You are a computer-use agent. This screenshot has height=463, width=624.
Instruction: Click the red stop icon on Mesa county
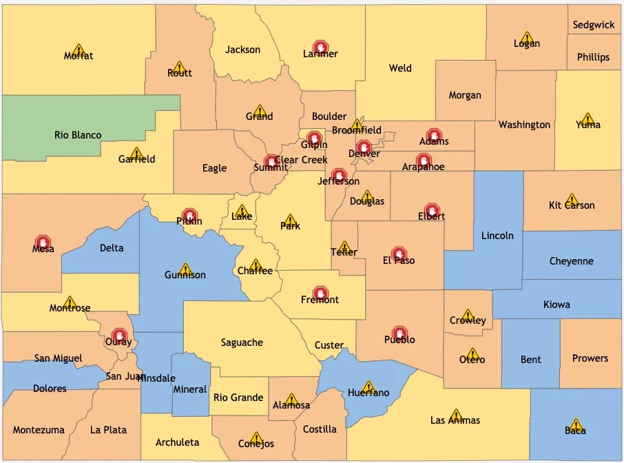click(x=43, y=243)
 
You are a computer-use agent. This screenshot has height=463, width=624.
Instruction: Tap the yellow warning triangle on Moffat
click(x=79, y=50)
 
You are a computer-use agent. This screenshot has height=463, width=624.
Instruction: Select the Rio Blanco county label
click(x=78, y=135)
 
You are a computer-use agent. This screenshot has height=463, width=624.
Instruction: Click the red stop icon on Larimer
click(x=320, y=47)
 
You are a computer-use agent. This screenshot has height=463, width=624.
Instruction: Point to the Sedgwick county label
click(x=594, y=25)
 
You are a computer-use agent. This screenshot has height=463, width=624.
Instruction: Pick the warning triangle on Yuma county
click(x=587, y=119)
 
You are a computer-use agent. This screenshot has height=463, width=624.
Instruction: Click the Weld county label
click(x=400, y=68)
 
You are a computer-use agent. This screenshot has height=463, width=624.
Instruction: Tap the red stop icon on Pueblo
click(x=399, y=333)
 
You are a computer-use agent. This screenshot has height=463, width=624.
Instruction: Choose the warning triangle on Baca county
click(x=576, y=424)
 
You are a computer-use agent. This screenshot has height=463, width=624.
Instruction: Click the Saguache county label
click(x=242, y=342)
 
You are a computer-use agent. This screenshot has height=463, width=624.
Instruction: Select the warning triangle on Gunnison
click(x=185, y=269)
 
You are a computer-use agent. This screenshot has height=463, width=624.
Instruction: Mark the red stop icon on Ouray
click(x=119, y=336)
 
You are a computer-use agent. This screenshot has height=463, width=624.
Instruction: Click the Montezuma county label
click(x=39, y=430)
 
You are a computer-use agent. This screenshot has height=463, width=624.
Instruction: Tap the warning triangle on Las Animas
click(x=455, y=415)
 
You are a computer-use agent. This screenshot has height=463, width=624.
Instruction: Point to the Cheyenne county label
click(x=571, y=261)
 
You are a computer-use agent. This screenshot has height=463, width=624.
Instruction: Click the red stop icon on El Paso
click(x=399, y=254)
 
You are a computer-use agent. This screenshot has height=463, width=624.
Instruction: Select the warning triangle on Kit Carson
click(x=571, y=199)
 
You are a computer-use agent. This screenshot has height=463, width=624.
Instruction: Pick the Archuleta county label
click(x=177, y=442)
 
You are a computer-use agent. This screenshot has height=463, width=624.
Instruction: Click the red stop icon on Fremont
click(x=320, y=294)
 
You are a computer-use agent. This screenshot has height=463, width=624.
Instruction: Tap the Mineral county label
click(x=189, y=389)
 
